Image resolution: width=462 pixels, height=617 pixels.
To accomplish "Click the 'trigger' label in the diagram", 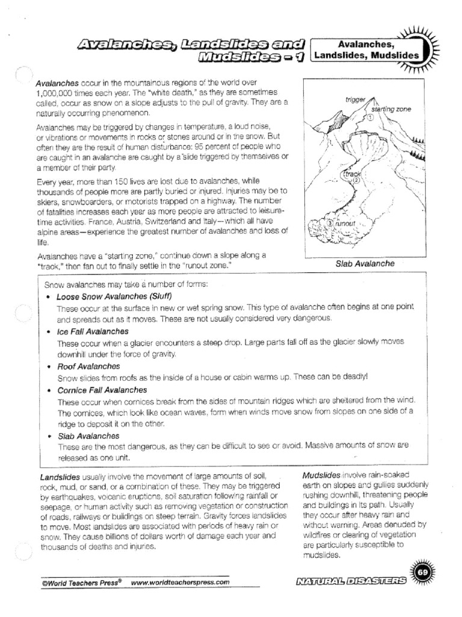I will coord(356,99).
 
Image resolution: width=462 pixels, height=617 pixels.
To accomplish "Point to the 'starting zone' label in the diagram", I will coord(391,109).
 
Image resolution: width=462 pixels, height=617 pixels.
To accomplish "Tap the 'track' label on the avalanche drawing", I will coord(351,174).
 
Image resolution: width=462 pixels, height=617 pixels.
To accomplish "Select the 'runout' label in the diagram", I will coord(345,224).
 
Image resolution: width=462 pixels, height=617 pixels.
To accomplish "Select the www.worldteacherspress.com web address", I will coord(180,583).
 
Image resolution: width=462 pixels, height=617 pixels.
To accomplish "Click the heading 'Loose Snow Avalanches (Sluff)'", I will coord(114,296).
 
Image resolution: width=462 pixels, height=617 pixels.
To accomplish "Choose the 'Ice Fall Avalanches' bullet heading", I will coord(92,331).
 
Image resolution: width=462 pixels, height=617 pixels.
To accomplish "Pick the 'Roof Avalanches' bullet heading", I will coord(88,366).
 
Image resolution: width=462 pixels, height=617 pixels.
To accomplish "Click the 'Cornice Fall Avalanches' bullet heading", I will coord(102,390).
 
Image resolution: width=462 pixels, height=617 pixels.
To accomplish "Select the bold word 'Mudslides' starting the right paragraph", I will coord(321,475).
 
